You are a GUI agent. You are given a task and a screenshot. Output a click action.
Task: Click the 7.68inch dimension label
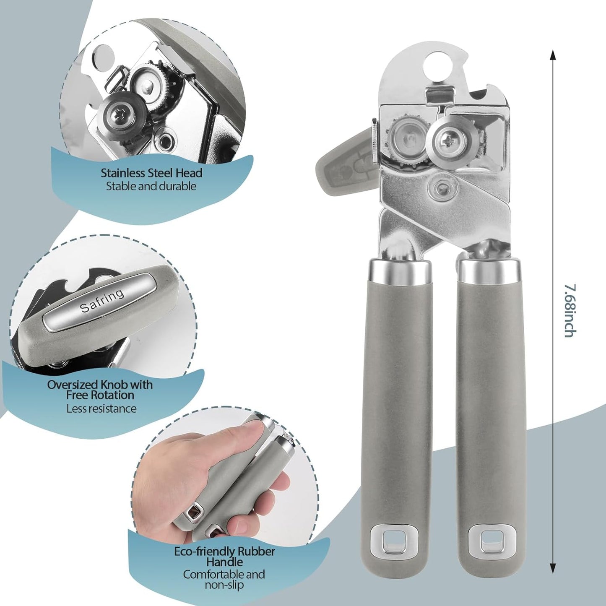[568, 311]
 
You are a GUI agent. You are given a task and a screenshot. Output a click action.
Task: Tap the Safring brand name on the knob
[102, 301]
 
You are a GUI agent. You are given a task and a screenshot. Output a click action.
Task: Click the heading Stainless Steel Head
[151, 173]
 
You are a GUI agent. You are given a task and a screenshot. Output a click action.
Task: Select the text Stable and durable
[151, 186]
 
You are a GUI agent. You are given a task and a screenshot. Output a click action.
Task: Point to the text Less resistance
[101, 408]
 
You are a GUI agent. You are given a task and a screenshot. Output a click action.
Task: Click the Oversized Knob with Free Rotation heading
[100, 390]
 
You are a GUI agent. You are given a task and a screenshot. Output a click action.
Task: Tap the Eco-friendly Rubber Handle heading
[224, 556]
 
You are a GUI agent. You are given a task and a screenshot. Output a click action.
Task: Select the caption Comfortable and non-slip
[224, 579]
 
